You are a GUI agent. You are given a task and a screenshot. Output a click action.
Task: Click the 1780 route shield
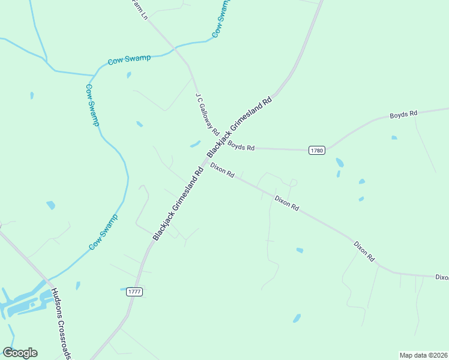pyautogui.click(x=318, y=150)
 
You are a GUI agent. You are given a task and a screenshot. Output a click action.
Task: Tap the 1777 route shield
pyautogui.click(x=134, y=292)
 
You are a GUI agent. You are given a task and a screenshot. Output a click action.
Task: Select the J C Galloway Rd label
pyautogui.click(x=207, y=114)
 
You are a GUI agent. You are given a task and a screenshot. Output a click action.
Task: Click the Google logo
pyautogui.click(x=20, y=353)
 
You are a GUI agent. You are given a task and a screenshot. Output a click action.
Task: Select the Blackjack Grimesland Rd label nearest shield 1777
pyautogui.click(x=178, y=204)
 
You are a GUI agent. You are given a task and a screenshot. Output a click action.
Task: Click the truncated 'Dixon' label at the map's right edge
pyautogui.click(x=442, y=277)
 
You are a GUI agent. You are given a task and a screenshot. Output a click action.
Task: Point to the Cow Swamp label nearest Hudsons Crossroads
pyautogui.click(x=103, y=232)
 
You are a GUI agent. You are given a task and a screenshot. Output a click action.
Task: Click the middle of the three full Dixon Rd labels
pyautogui.click(x=287, y=203)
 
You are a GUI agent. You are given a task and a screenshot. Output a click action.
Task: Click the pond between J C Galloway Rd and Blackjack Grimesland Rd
pyautogui.click(x=195, y=144)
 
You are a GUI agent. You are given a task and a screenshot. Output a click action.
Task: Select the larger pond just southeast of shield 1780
pyautogui.click(x=340, y=163)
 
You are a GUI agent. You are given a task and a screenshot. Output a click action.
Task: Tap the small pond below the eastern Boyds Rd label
pyautogui.click(x=394, y=137)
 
